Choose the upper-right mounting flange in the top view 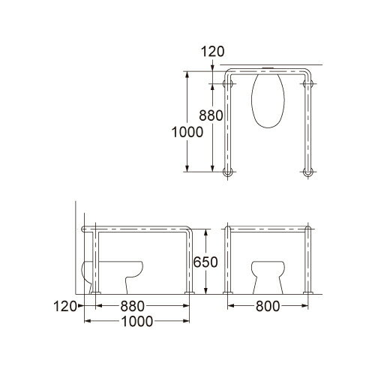click(x=307, y=88)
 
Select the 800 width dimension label click(x=268, y=307)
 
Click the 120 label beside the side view click(x=64, y=307)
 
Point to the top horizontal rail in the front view click(x=268, y=227)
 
